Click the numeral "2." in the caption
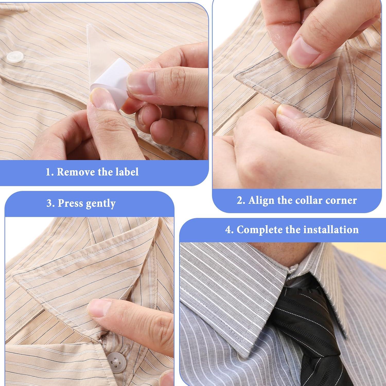click(x=241, y=200)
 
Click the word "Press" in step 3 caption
click(x=71, y=203)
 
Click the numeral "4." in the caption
click(x=230, y=230)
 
